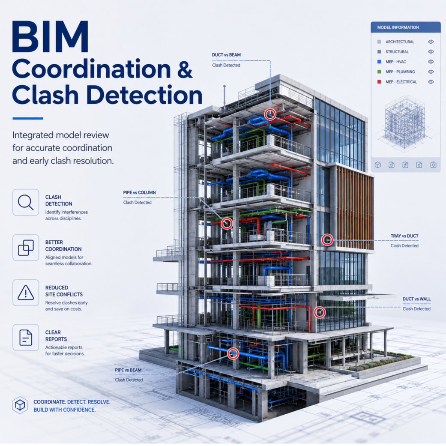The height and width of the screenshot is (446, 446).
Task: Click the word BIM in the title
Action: click(x=50, y=37)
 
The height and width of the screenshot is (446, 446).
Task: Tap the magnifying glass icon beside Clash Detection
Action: click(x=26, y=202)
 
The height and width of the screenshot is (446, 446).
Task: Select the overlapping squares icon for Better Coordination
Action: click(x=26, y=248)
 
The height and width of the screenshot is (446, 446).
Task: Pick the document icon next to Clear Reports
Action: click(x=26, y=338)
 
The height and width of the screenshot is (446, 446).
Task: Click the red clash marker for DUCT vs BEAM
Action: click(x=270, y=114)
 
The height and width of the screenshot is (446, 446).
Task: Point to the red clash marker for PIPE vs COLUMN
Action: click(x=227, y=223)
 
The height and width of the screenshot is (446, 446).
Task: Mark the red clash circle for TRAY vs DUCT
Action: click(x=327, y=240)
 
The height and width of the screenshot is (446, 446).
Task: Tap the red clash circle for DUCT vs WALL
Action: click(x=320, y=312)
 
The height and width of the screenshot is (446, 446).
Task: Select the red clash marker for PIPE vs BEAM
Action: click(x=233, y=353)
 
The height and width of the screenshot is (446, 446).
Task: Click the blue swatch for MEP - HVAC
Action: click(x=379, y=62)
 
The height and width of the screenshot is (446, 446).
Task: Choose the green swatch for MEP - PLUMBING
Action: click(x=379, y=72)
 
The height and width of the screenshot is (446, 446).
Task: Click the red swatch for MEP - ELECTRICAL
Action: click(x=379, y=82)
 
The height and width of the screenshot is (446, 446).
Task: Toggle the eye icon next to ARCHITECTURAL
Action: click(x=431, y=42)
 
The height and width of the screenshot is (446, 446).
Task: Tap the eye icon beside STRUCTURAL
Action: click(x=431, y=52)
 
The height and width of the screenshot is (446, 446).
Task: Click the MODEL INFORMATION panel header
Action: click(x=406, y=27)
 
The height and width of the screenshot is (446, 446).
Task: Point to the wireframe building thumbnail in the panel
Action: click(x=405, y=122)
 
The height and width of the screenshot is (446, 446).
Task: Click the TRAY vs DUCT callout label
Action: click(x=404, y=236)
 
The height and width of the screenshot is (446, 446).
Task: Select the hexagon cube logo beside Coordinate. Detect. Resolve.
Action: click(x=20, y=405)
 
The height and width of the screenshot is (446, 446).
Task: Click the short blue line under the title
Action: click(x=28, y=118)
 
